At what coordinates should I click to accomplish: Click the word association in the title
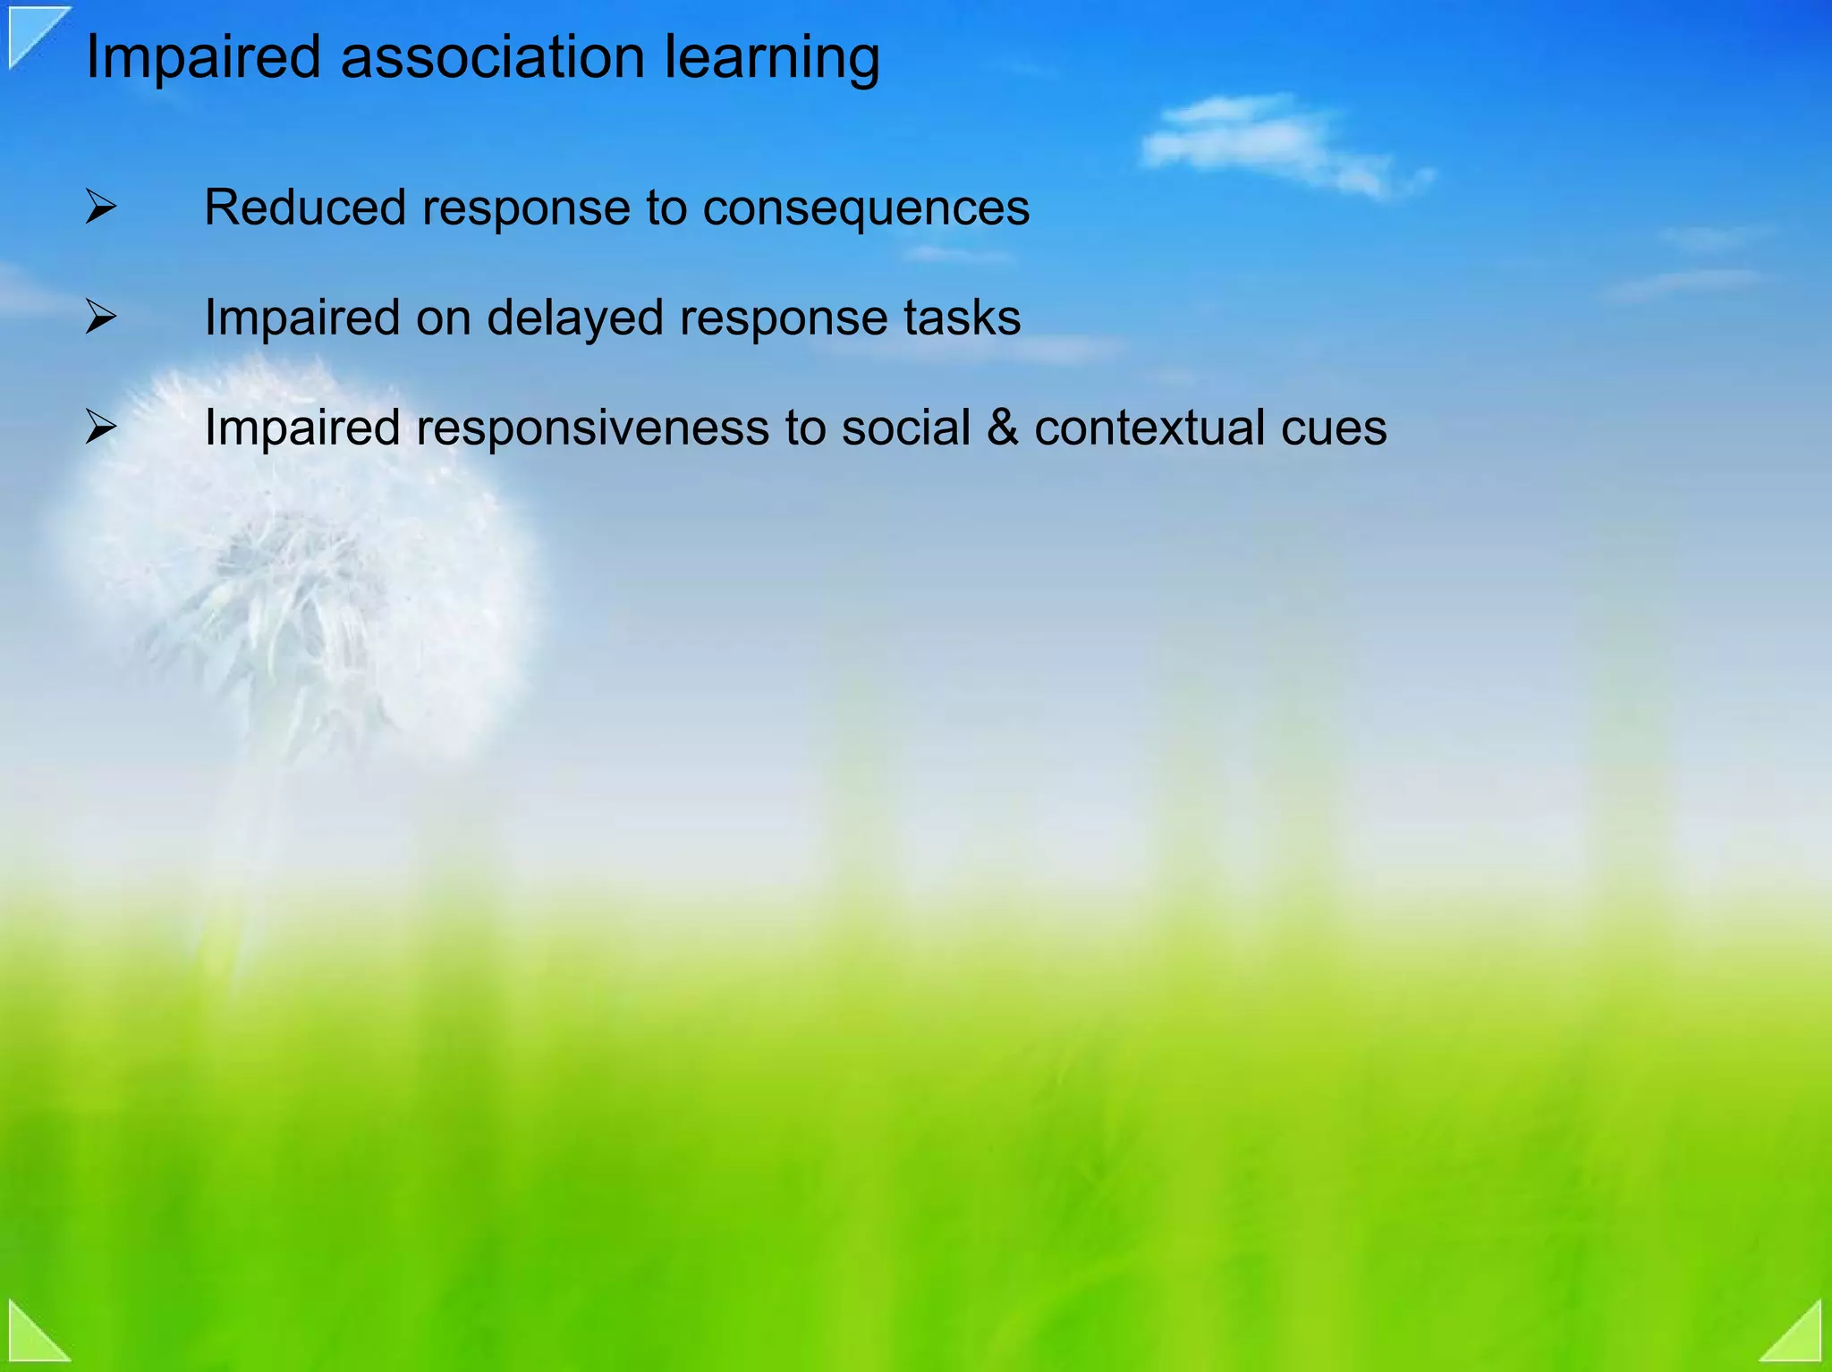click(492, 58)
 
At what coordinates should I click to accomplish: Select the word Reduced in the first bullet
click(304, 207)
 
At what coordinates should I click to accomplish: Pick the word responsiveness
click(592, 428)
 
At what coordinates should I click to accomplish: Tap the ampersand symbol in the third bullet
click(1002, 428)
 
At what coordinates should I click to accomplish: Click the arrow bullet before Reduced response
click(101, 207)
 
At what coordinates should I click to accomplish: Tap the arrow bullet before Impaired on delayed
click(101, 318)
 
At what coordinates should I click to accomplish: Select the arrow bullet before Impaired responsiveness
click(101, 428)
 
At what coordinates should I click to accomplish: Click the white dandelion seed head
click(295, 555)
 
